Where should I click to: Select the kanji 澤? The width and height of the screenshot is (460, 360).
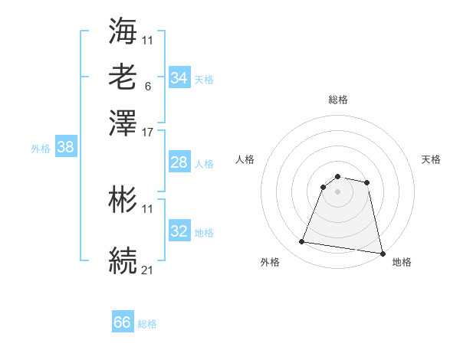coord(123,123)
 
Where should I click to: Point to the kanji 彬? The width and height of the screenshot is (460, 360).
coord(123,201)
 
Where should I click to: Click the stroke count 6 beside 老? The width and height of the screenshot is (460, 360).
coord(147,87)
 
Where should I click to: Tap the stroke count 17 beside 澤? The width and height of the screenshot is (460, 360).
coord(148,132)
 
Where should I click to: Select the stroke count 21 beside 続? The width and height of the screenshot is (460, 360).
coord(148,270)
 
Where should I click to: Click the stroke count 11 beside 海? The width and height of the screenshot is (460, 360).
coord(148,40)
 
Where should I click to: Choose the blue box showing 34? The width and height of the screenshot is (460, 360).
coord(179,78)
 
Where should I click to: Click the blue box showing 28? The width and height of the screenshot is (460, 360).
coord(179,162)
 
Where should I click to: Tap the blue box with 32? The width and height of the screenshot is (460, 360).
coord(179,231)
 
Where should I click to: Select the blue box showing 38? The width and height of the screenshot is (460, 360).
coord(65,148)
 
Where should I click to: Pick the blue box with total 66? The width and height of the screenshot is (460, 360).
coord(123,322)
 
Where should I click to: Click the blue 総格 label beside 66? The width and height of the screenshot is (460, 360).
coord(147,324)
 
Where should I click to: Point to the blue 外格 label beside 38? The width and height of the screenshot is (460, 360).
coord(40,149)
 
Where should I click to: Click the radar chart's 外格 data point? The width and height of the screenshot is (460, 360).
coord(302,242)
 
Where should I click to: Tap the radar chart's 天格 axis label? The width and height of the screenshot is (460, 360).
coord(431,159)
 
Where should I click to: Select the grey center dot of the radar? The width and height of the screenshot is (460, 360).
coord(338,191)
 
